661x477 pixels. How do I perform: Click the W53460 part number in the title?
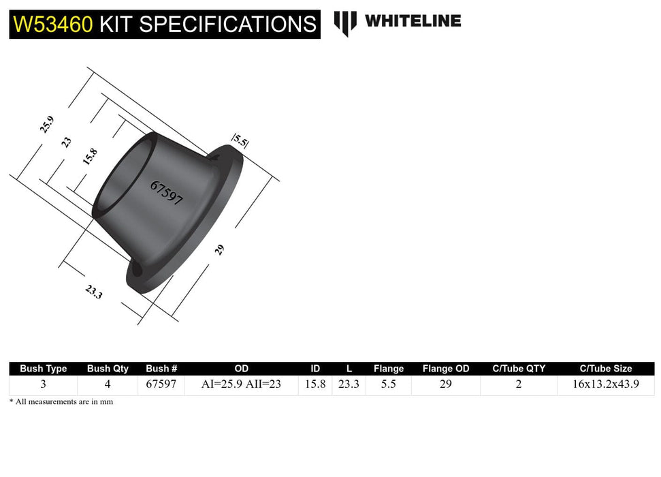[x=53, y=25]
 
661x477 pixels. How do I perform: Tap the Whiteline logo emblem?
[x=345, y=22]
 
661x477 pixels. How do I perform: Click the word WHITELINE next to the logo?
[x=413, y=21]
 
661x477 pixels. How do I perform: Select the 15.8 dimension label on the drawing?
[x=89, y=157]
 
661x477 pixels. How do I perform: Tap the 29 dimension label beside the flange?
[x=219, y=249]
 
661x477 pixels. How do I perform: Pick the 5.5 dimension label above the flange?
[x=240, y=141]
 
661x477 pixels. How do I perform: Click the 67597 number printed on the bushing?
[x=167, y=194]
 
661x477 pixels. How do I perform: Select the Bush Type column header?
[x=44, y=369]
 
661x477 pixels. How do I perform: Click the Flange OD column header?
[x=446, y=369]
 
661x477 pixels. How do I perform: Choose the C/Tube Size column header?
[x=606, y=369]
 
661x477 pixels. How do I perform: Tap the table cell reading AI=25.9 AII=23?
[x=242, y=384]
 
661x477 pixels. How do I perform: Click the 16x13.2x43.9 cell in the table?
[x=606, y=384]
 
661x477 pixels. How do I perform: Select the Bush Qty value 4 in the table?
[x=108, y=384]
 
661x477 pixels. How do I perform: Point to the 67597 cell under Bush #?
[x=161, y=384]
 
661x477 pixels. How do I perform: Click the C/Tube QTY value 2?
[x=519, y=384]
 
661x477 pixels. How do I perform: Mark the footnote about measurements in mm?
[x=61, y=402]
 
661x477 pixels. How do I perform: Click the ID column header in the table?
[x=315, y=369]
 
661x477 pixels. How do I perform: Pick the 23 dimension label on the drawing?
[x=66, y=142]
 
